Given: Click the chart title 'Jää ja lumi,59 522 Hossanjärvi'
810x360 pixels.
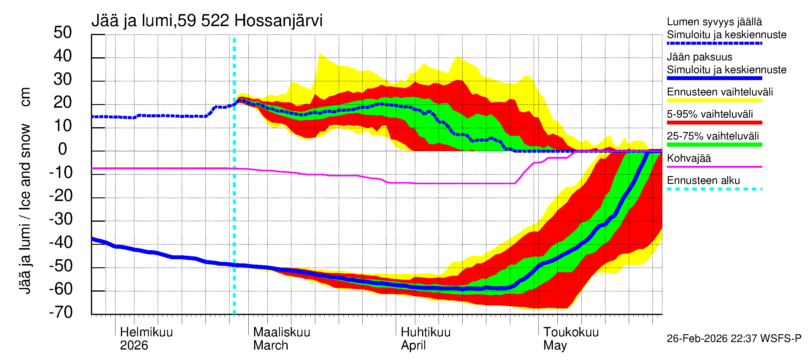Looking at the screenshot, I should click(x=207, y=21).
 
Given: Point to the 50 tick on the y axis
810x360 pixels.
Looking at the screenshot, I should click(x=63, y=33).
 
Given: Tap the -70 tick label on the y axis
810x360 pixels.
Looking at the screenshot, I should click(x=61, y=313).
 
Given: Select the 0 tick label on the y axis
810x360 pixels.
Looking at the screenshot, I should click(x=63, y=149).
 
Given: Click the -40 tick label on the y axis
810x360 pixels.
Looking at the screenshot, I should click(x=61, y=243).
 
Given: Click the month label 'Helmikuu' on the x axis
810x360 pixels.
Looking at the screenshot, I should click(x=146, y=332).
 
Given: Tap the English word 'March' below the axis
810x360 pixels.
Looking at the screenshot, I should click(x=270, y=346).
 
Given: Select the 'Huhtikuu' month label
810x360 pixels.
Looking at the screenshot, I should click(x=425, y=332).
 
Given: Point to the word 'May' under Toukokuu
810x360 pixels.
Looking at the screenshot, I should click(x=555, y=346).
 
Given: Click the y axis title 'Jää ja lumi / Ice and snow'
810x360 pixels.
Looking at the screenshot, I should click(x=25, y=209).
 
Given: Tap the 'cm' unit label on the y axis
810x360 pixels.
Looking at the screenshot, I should click(x=25, y=97).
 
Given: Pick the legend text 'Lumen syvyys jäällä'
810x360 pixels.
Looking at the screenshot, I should click(x=714, y=22).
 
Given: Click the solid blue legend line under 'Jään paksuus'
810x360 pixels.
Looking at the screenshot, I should click(x=714, y=78).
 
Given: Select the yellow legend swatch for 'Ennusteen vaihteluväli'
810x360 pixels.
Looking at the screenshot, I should click(x=714, y=100).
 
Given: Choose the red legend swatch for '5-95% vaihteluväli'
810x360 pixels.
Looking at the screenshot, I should click(x=714, y=123).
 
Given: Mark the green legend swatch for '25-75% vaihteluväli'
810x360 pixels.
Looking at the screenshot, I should click(x=714, y=145).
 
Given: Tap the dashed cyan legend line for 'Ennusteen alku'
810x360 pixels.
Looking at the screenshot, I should click(x=714, y=189).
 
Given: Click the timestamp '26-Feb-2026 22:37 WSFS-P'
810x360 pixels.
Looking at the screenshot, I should click(x=734, y=339).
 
